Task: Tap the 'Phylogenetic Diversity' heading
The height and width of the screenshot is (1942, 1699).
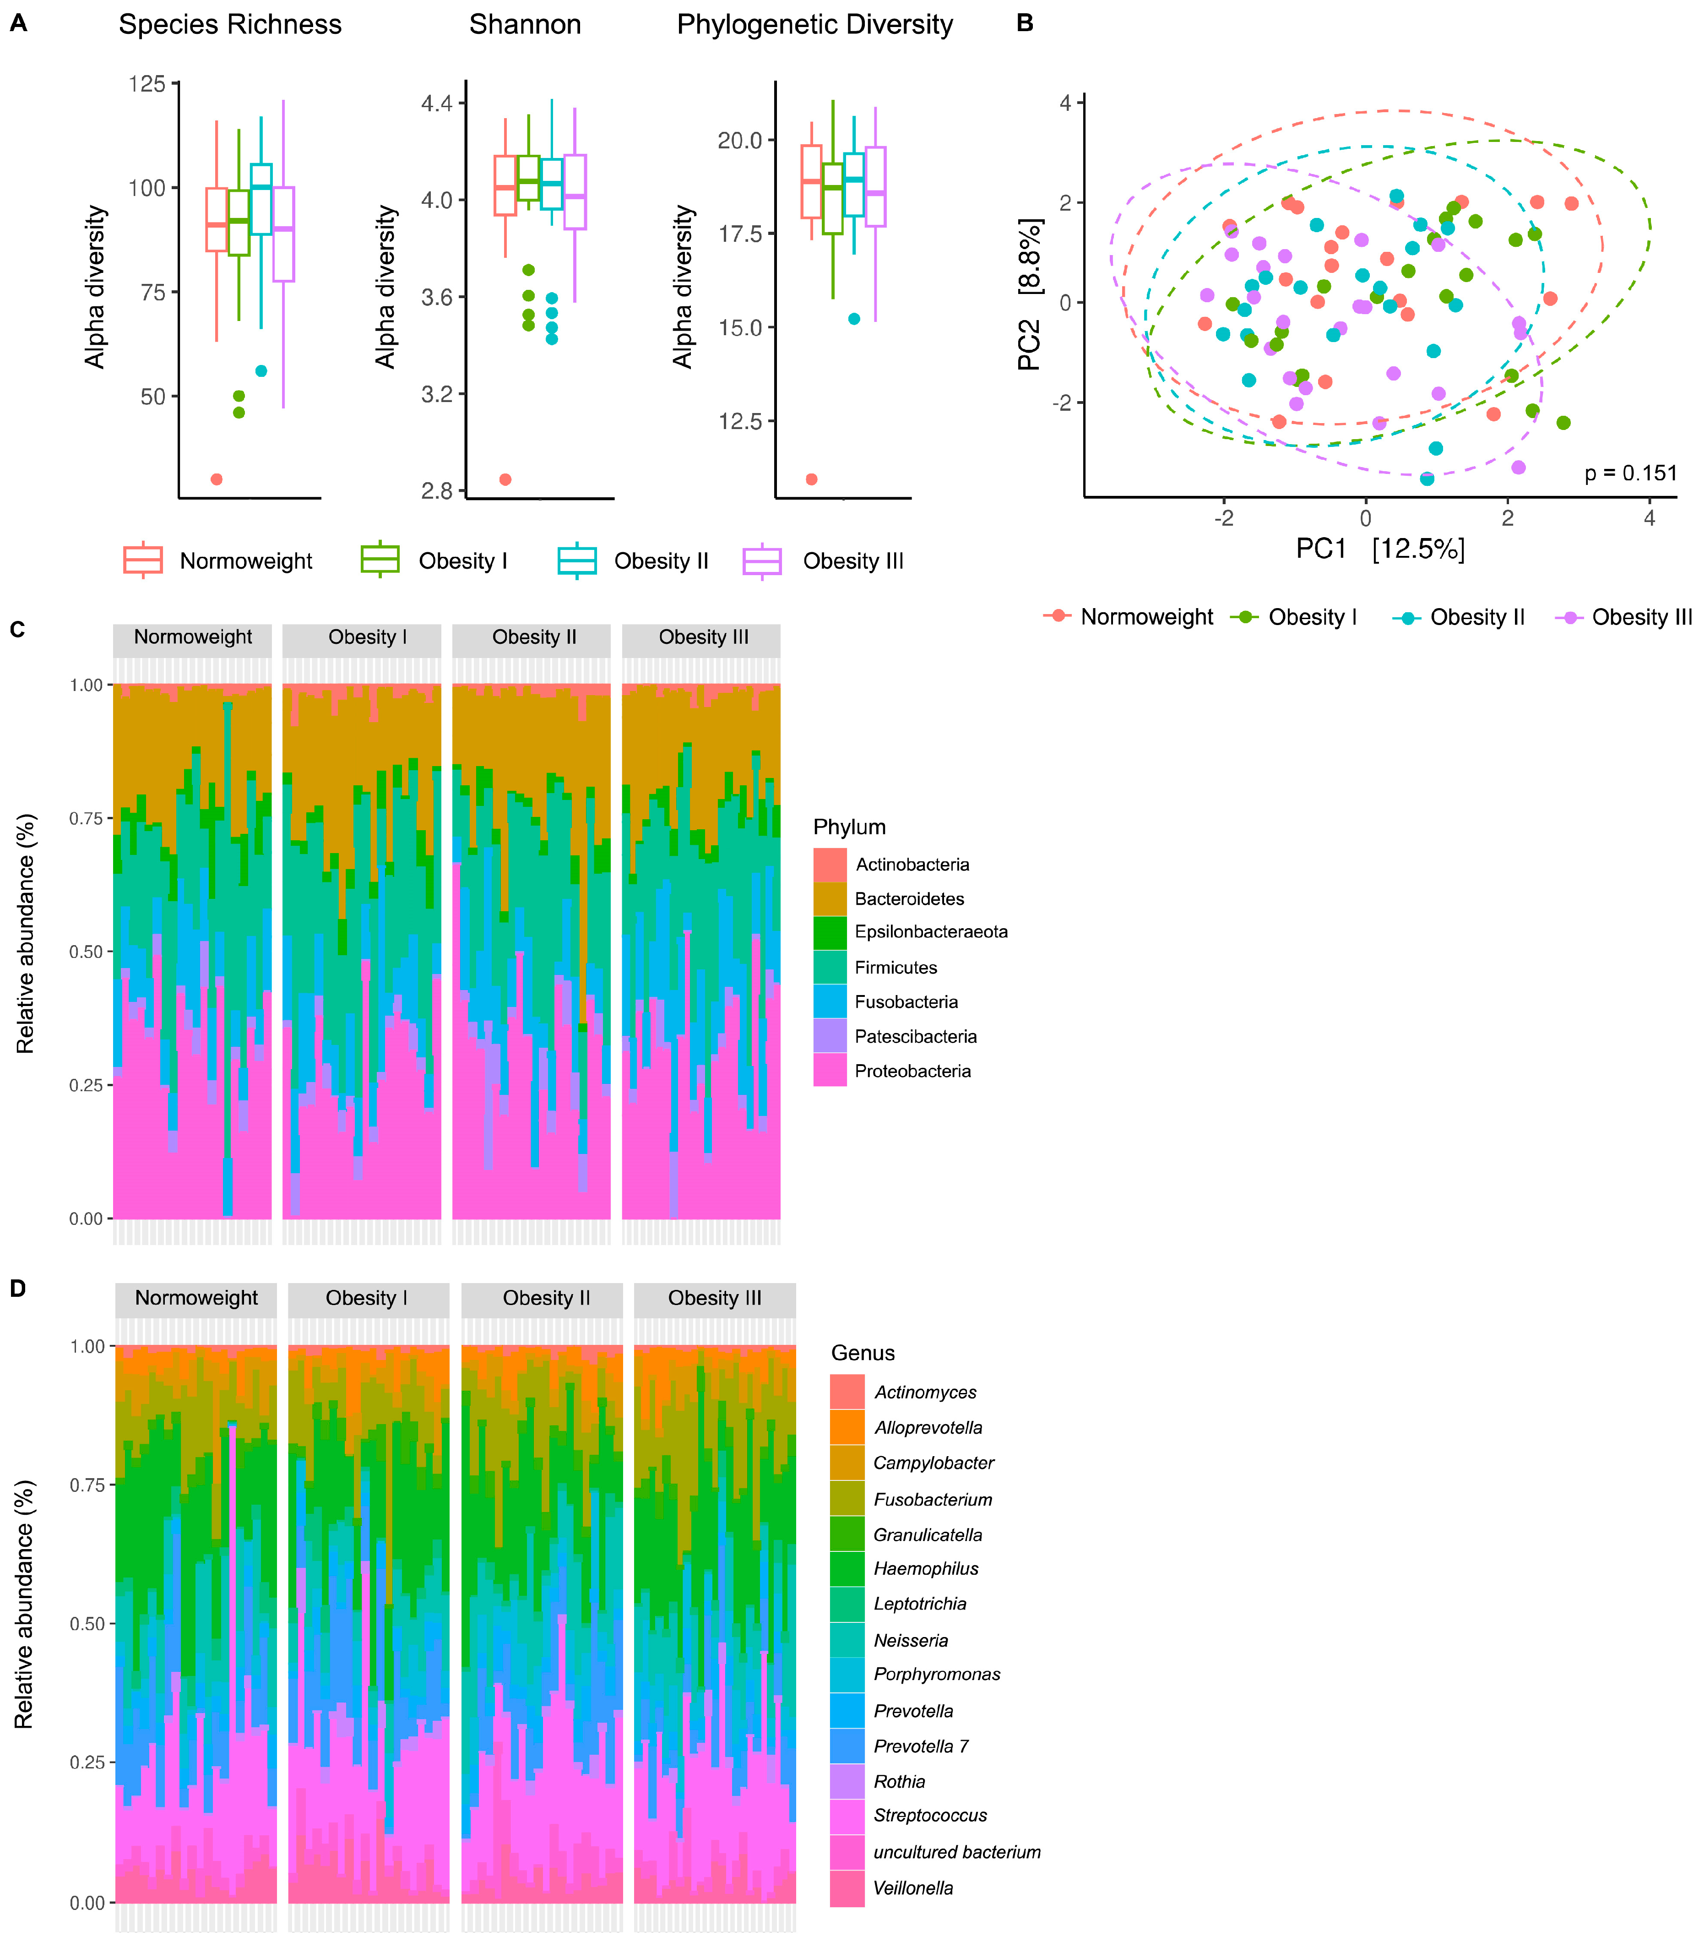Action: tap(814, 25)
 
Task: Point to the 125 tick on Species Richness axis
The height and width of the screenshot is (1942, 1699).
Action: tap(147, 84)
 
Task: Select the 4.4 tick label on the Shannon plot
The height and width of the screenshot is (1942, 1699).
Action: tap(437, 103)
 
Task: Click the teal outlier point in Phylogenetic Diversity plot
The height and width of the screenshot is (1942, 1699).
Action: tap(854, 319)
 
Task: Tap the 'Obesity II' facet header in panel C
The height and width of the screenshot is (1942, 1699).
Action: tap(534, 637)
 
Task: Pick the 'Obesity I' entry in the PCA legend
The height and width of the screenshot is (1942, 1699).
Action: tap(1312, 617)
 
